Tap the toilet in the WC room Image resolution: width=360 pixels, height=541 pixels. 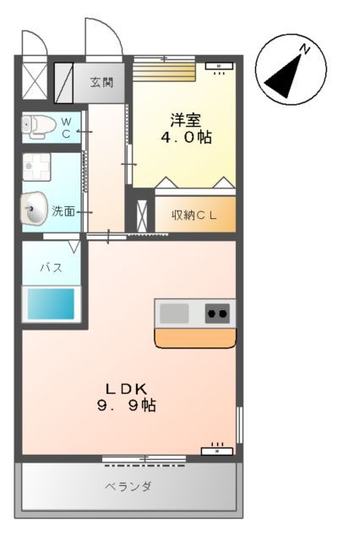39,126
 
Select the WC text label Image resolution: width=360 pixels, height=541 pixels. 67,126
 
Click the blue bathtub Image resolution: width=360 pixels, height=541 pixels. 51,303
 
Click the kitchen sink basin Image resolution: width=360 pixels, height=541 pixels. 175,314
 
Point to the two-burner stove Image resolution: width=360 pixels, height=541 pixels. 217,314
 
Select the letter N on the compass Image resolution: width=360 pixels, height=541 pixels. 307,49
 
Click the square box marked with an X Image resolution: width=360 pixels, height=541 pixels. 35,84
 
